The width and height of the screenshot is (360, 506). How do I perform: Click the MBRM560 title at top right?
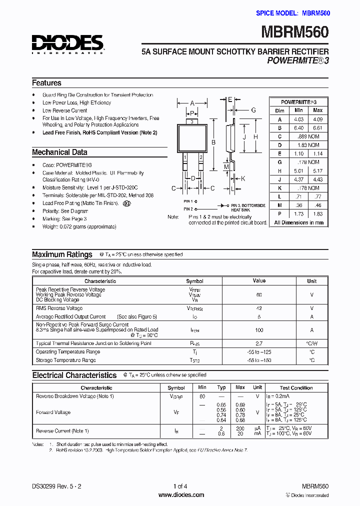(295, 32)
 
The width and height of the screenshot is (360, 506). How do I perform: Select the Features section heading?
(46, 83)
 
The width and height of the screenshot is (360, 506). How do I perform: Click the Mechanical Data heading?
(59, 152)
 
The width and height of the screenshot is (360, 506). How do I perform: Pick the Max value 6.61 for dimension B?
(317, 127)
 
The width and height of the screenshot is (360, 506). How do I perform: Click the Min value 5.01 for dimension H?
(298, 170)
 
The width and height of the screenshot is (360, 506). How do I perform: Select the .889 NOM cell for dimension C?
(308, 136)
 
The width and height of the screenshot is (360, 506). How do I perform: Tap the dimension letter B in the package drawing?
(213, 142)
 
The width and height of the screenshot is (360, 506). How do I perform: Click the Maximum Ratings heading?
(62, 254)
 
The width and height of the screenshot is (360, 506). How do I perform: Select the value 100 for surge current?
(259, 330)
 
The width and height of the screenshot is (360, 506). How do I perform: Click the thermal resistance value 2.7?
(259, 343)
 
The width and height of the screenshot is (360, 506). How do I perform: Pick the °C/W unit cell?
(311, 343)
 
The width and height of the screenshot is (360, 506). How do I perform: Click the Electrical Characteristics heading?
(74, 375)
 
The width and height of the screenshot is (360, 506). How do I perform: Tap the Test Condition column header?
(296, 387)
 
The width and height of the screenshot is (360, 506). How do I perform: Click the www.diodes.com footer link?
(181, 495)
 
